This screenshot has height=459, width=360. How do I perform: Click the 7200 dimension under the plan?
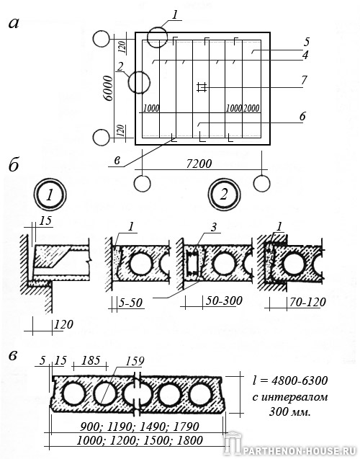pyautogui.click(x=199, y=164)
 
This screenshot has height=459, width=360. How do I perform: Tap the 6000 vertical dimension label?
pyautogui.click(x=108, y=88)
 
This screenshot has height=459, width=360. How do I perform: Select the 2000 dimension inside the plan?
pyautogui.click(x=251, y=108)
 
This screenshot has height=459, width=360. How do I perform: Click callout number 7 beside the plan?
pyautogui.click(x=304, y=80)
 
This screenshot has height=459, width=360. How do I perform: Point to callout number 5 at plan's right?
pyautogui.click(x=306, y=42)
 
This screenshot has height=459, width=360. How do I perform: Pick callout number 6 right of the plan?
pyautogui.click(x=302, y=117)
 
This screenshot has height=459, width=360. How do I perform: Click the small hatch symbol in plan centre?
pyautogui.click(x=202, y=87)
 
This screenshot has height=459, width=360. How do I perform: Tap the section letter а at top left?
pyautogui.click(x=14, y=23)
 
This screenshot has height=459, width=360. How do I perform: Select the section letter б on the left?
pyautogui.click(x=14, y=165)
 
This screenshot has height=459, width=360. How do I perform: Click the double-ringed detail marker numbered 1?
pyautogui.click(x=50, y=195)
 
